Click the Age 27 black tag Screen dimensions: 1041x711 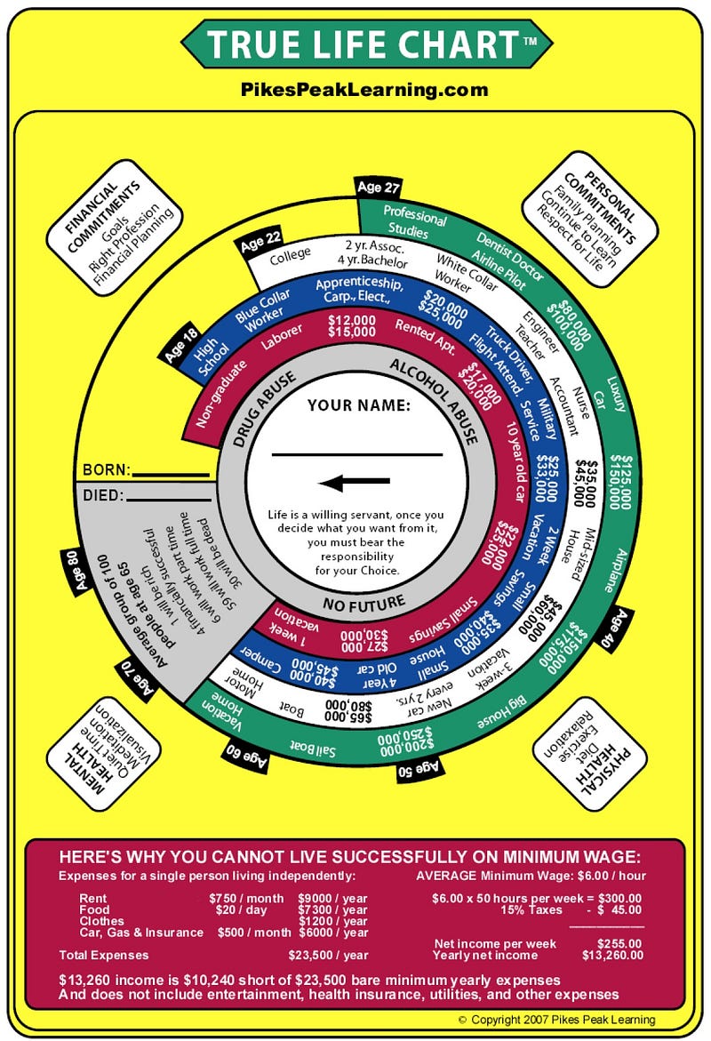(x=379, y=187)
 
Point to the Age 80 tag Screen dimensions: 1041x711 (x=73, y=572)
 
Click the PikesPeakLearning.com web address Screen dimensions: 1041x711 (x=364, y=89)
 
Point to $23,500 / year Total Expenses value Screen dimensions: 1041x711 (x=328, y=956)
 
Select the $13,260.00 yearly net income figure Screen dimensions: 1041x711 (x=609, y=956)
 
